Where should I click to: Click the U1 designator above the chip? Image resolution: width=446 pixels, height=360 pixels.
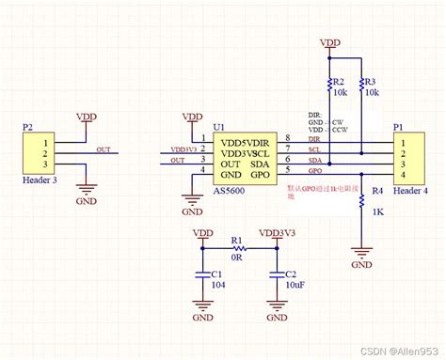[219, 126]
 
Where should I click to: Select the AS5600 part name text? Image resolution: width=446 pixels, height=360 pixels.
[234, 188]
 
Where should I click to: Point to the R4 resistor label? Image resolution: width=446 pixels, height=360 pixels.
[378, 191]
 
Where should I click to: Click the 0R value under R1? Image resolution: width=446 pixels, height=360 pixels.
[237, 255]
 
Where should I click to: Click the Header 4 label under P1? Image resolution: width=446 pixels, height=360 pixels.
[412, 191]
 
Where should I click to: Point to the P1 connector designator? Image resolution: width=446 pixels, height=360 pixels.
[399, 126]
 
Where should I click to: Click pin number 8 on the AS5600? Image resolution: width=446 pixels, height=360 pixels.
[288, 138]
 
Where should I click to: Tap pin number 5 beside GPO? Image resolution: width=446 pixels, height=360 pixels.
[288, 169]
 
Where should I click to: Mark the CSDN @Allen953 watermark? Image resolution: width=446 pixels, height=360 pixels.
[396, 350]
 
